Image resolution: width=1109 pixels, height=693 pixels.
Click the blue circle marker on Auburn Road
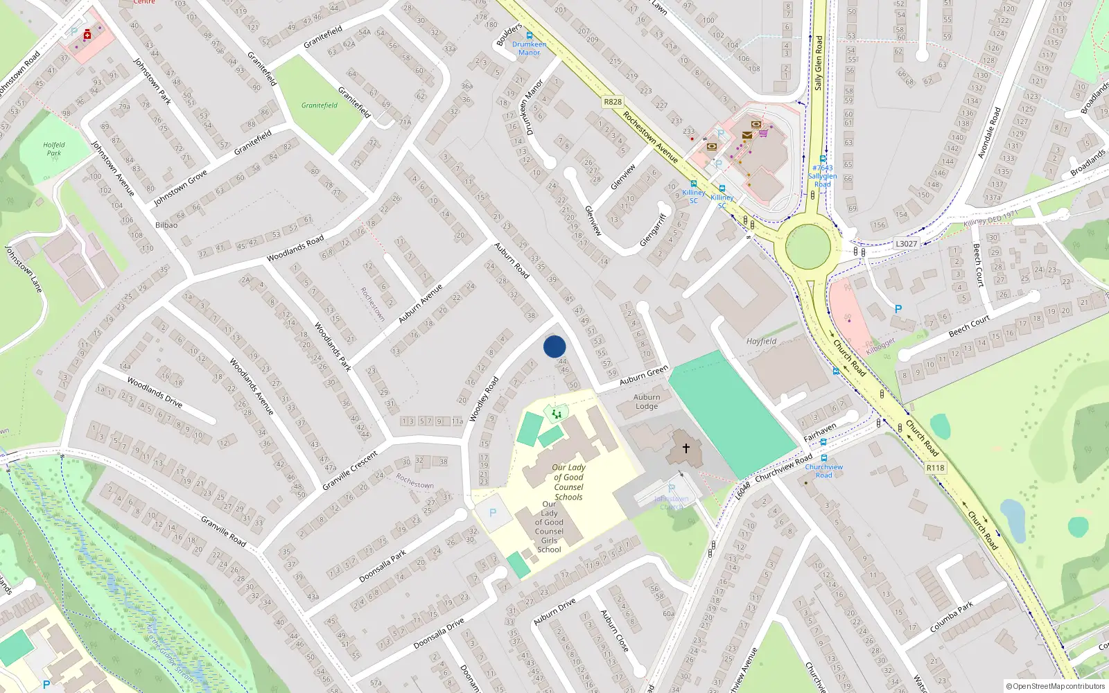tap(554, 346)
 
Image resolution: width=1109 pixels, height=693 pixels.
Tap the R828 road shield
tap(613, 102)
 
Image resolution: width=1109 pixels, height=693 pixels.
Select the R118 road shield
tap(935, 468)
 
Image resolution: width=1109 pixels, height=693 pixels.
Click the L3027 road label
tap(906, 243)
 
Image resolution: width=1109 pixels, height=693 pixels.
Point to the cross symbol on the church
tap(686, 448)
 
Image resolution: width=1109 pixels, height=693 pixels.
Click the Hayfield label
tap(761, 341)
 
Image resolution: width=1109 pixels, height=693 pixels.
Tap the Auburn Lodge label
tap(647, 402)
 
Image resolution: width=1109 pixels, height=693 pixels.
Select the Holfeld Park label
tap(54, 149)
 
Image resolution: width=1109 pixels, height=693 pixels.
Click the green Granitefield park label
tap(320, 105)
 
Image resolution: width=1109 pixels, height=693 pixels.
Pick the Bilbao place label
tap(166, 225)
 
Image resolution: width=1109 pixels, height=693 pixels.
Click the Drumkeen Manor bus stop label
tap(529, 48)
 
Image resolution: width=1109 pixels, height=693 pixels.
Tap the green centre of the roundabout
tap(808, 246)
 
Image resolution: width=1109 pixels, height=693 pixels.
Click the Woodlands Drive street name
tap(155, 392)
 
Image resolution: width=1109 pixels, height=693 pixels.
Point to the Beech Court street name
tap(969, 326)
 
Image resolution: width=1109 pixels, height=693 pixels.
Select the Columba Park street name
tap(951, 616)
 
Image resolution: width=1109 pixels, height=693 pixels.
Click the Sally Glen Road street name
tap(818, 62)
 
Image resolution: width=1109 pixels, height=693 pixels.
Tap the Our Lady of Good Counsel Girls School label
tap(549, 527)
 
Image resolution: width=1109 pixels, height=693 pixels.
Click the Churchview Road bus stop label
tap(823, 471)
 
